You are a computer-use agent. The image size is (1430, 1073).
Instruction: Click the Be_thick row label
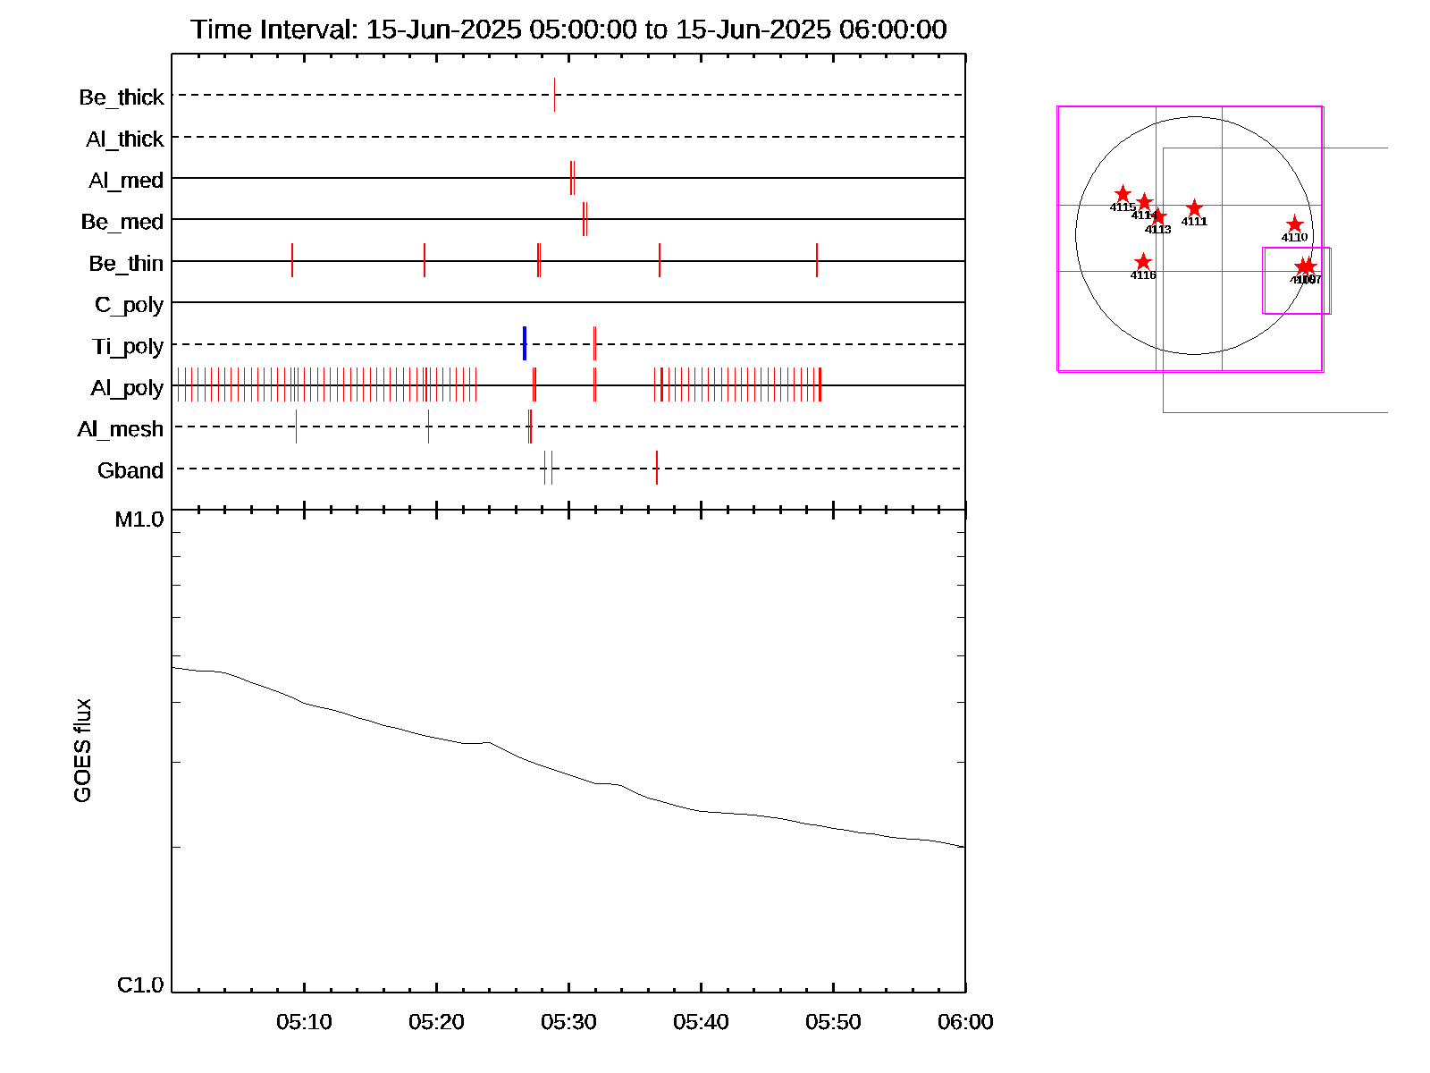pos(122,97)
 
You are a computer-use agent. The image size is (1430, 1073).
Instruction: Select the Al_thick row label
pos(125,139)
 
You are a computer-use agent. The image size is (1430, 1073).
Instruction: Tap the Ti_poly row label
pos(128,347)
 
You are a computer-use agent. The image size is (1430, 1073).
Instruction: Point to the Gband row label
pos(130,471)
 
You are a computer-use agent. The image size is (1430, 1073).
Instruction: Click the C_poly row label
pos(130,306)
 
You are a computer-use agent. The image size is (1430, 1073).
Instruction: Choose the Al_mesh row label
pos(121,430)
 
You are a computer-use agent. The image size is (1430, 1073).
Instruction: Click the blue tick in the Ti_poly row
pos(525,343)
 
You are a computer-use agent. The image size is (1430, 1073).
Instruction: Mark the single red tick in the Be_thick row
pos(554,95)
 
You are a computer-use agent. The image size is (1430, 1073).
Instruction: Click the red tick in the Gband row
pos(657,468)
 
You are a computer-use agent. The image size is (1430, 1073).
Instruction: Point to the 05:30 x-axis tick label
pos(568,1022)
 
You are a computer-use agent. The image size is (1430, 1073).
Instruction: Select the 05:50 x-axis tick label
pos(833,1022)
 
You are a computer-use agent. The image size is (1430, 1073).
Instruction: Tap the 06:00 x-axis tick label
pos(965,1022)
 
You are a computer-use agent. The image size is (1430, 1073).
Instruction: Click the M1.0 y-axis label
pos(139,520)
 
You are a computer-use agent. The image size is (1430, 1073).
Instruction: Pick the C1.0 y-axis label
pos(140,985)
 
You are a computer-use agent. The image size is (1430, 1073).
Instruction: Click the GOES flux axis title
pos(82,751)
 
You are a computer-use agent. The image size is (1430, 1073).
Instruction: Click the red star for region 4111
pos(1194,208)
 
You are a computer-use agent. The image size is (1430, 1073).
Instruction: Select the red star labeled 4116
pos(1143,262)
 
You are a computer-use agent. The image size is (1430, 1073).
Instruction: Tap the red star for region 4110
pos(1294,224)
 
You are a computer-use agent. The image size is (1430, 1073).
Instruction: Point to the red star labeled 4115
pos(1123,194)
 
